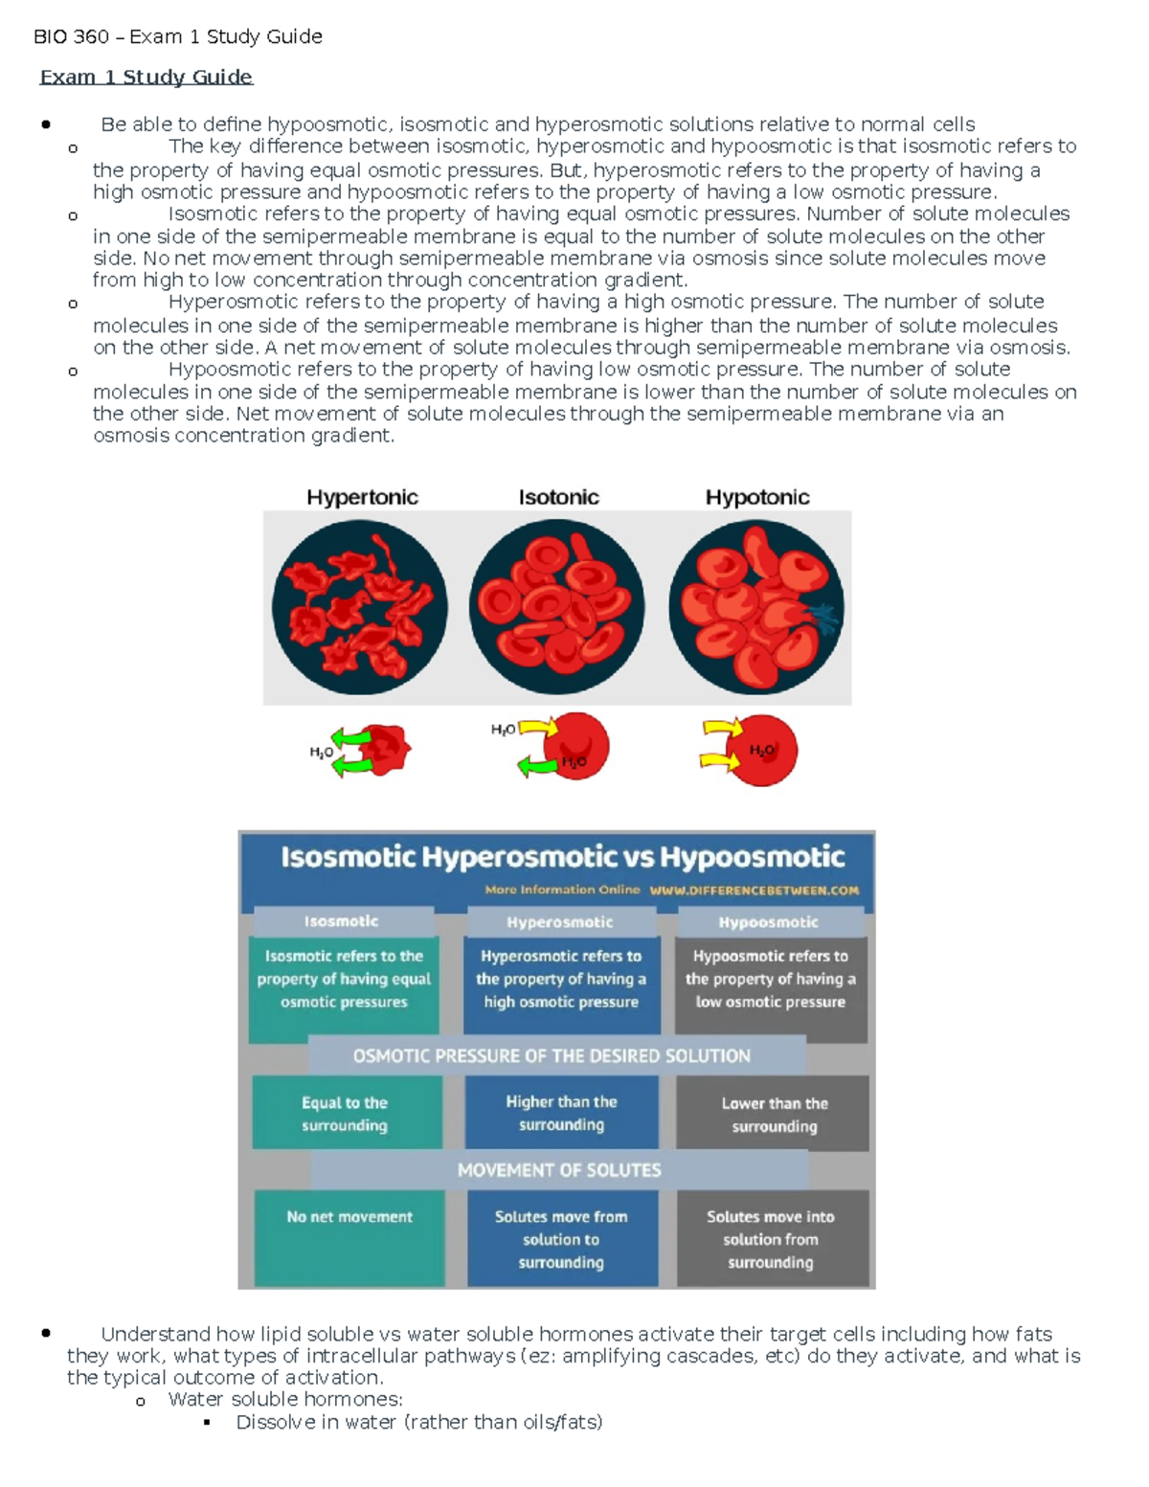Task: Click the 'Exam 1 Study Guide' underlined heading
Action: click(x=146, y=77)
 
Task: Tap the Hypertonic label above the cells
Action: click(x=362, y=497)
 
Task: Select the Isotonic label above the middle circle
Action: click(x=558, y=497)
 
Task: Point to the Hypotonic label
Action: click(x=757, y=497)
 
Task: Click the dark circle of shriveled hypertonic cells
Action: click(x=360, y=607)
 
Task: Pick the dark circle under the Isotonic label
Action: click(x=557, y=607)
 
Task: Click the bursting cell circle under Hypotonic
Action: click(x=756, y=607)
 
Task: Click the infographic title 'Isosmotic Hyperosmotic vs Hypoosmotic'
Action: click(x=562, y=856)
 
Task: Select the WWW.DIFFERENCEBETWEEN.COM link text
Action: click(x=754, y=890)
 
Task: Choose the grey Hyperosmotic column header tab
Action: click(x=560, y=922)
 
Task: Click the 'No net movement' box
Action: click(x=349, y=1237)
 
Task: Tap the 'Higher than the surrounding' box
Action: click(x=562, y=1113)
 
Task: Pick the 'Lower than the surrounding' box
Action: click(x=774, y=1114)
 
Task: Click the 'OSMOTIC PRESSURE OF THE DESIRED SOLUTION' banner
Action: click(x=552, y=1056)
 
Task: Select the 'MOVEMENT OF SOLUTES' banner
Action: click(x=559, y=1170)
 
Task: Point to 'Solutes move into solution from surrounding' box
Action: click(x=772, y=1239)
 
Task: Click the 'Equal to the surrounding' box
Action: click(x=346, y=1113)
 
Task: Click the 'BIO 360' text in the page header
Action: click(x=71, y=36)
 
